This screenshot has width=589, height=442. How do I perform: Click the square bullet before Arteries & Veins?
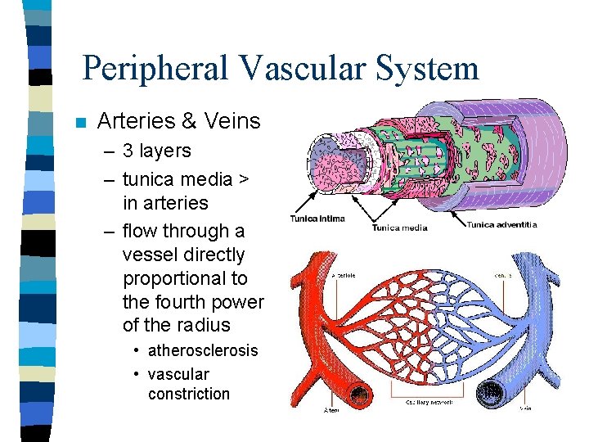click(79, 124)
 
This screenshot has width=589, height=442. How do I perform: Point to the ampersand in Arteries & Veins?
click(189, 122)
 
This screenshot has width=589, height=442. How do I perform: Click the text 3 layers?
click(156, 151)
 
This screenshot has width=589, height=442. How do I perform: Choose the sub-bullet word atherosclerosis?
click(203, 350)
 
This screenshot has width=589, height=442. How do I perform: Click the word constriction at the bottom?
click(189, 394)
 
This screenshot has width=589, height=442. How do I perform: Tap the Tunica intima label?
click(317, 219)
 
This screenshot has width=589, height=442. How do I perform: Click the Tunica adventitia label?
click(501, 224)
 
